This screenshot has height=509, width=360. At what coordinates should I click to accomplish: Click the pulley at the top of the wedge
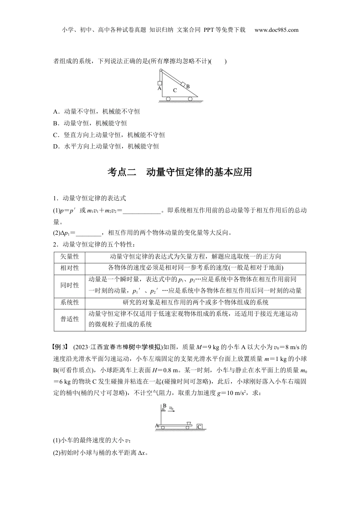161,70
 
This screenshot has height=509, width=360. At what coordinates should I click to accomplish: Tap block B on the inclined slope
183,84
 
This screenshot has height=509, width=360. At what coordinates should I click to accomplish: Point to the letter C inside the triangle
175,90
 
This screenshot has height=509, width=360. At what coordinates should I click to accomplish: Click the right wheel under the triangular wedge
190,99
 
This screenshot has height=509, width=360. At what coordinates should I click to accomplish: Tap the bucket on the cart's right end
189,422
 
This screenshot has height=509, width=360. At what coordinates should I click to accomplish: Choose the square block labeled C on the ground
200,426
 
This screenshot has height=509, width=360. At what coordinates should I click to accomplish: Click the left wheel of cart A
163,427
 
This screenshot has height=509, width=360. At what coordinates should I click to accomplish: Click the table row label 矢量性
70,256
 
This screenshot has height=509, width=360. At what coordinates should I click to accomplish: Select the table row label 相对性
70,268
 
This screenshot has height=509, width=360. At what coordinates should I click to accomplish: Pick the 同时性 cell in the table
70,285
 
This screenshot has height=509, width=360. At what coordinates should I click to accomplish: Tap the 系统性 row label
70,302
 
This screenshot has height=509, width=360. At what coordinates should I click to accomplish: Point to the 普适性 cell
70,319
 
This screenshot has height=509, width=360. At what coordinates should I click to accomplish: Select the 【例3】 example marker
61,347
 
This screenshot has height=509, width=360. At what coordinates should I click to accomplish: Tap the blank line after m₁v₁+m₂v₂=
142,211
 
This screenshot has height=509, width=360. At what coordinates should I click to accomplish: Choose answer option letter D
56,146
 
